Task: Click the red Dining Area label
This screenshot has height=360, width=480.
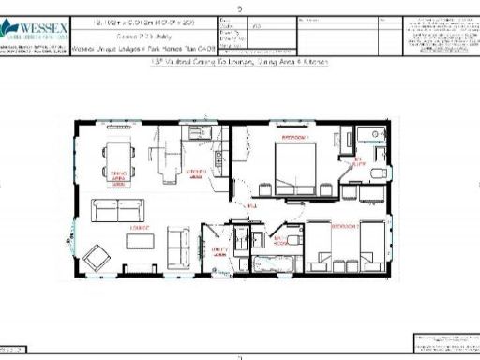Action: [x=118, y=176]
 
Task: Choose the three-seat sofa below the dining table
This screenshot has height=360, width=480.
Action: [x=117, y=207]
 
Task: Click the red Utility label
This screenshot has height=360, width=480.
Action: [x=217, y=251]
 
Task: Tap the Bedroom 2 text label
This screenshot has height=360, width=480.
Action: [x=346, y=226]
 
